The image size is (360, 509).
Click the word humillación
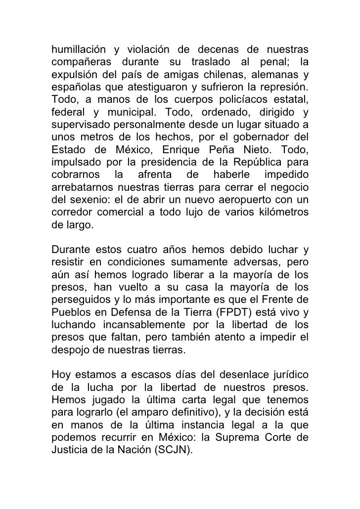pyautogui.click(x=79, y=50)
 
